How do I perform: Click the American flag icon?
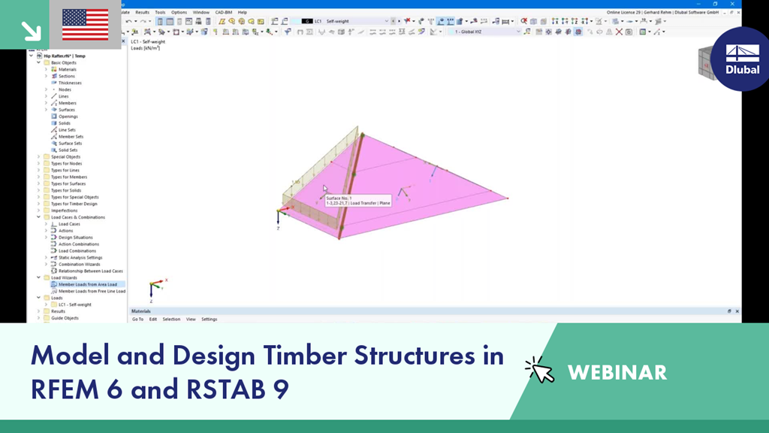tap(84, 24)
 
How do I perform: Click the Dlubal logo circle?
tap(741, 59)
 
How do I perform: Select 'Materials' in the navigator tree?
tap(67, 69)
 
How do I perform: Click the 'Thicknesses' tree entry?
tap(70, 83)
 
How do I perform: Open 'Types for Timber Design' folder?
tap(74, 204)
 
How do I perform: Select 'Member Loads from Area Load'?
tap(87, 284)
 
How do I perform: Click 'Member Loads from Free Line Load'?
tap(92, 291)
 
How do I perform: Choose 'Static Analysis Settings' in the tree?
tap(80, 257)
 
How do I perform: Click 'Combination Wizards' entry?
tap(79, 264)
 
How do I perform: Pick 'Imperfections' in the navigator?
tap(64, 210)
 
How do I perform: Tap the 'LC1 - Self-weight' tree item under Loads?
tap(74, 304)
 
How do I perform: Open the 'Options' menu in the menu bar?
tap(179, 12)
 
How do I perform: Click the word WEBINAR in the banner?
tap(617, 372)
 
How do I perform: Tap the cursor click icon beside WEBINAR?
tap(539, 370)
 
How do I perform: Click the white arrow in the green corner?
tap(31, 30)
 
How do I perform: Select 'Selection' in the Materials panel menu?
tap(171, 319)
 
